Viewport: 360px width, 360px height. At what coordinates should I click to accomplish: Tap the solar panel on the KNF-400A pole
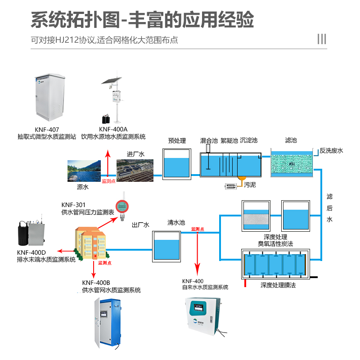coord(111,81)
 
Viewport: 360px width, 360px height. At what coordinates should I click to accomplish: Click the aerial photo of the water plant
coord(135,171)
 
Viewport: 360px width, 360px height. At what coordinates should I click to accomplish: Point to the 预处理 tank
coord(176,164)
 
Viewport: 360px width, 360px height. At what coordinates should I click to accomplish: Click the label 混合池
coord(209,141)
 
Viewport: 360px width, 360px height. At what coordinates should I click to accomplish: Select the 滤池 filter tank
coord(292,163)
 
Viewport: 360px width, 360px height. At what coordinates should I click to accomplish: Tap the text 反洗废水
coord(331,151)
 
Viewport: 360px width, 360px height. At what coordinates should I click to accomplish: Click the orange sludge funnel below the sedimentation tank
coord(242,180)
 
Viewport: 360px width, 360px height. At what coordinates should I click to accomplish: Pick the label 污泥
coord(250,185)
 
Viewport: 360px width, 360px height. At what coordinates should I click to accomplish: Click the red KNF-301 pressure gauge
coord(121,207)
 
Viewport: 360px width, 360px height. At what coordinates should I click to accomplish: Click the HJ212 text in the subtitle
coord(67,40)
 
